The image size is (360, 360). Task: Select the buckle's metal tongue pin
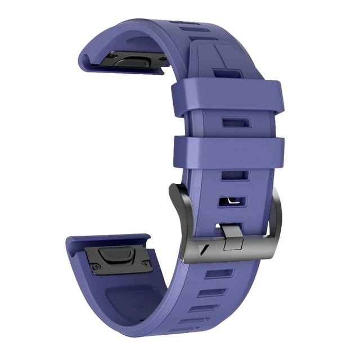click(x=232, y=236)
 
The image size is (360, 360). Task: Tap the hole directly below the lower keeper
click(x=231, y=175)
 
